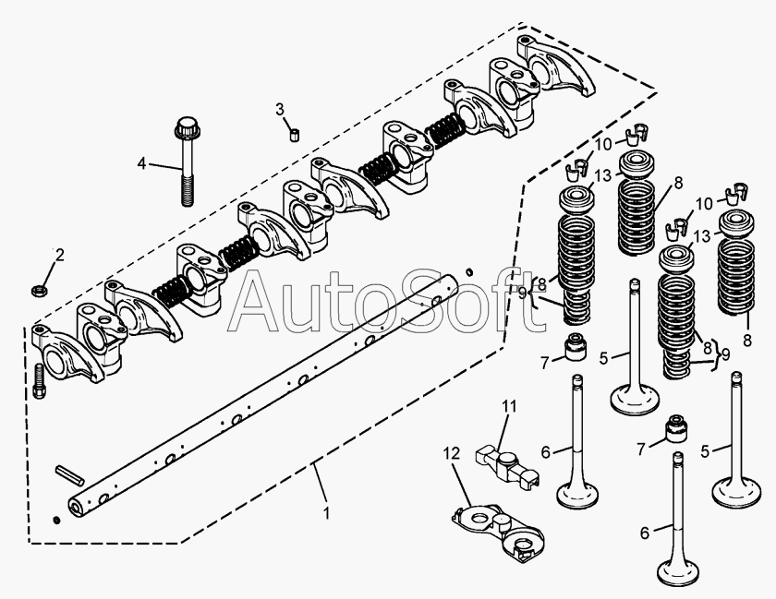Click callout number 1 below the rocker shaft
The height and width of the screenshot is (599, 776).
(x=326, y=512)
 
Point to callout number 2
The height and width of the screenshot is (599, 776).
(x=59, y=256)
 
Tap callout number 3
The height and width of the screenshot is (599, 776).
(x=280, y=109)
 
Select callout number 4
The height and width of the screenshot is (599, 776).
(x=142, y=163)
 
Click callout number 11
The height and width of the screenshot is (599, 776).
(x=509, y=406)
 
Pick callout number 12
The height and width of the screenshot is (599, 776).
(x=452, y=453)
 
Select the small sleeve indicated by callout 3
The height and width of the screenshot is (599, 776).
(x=296, y=135)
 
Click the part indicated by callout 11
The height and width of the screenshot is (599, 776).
(x=507, y=463)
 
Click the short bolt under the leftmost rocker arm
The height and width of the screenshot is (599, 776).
(x=39, y=381)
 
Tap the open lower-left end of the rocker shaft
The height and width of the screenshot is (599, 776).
(x=75, y=507)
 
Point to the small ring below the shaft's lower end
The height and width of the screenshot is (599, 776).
(x=57, y=520)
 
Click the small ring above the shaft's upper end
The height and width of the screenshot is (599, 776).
(x=469, y=271)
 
